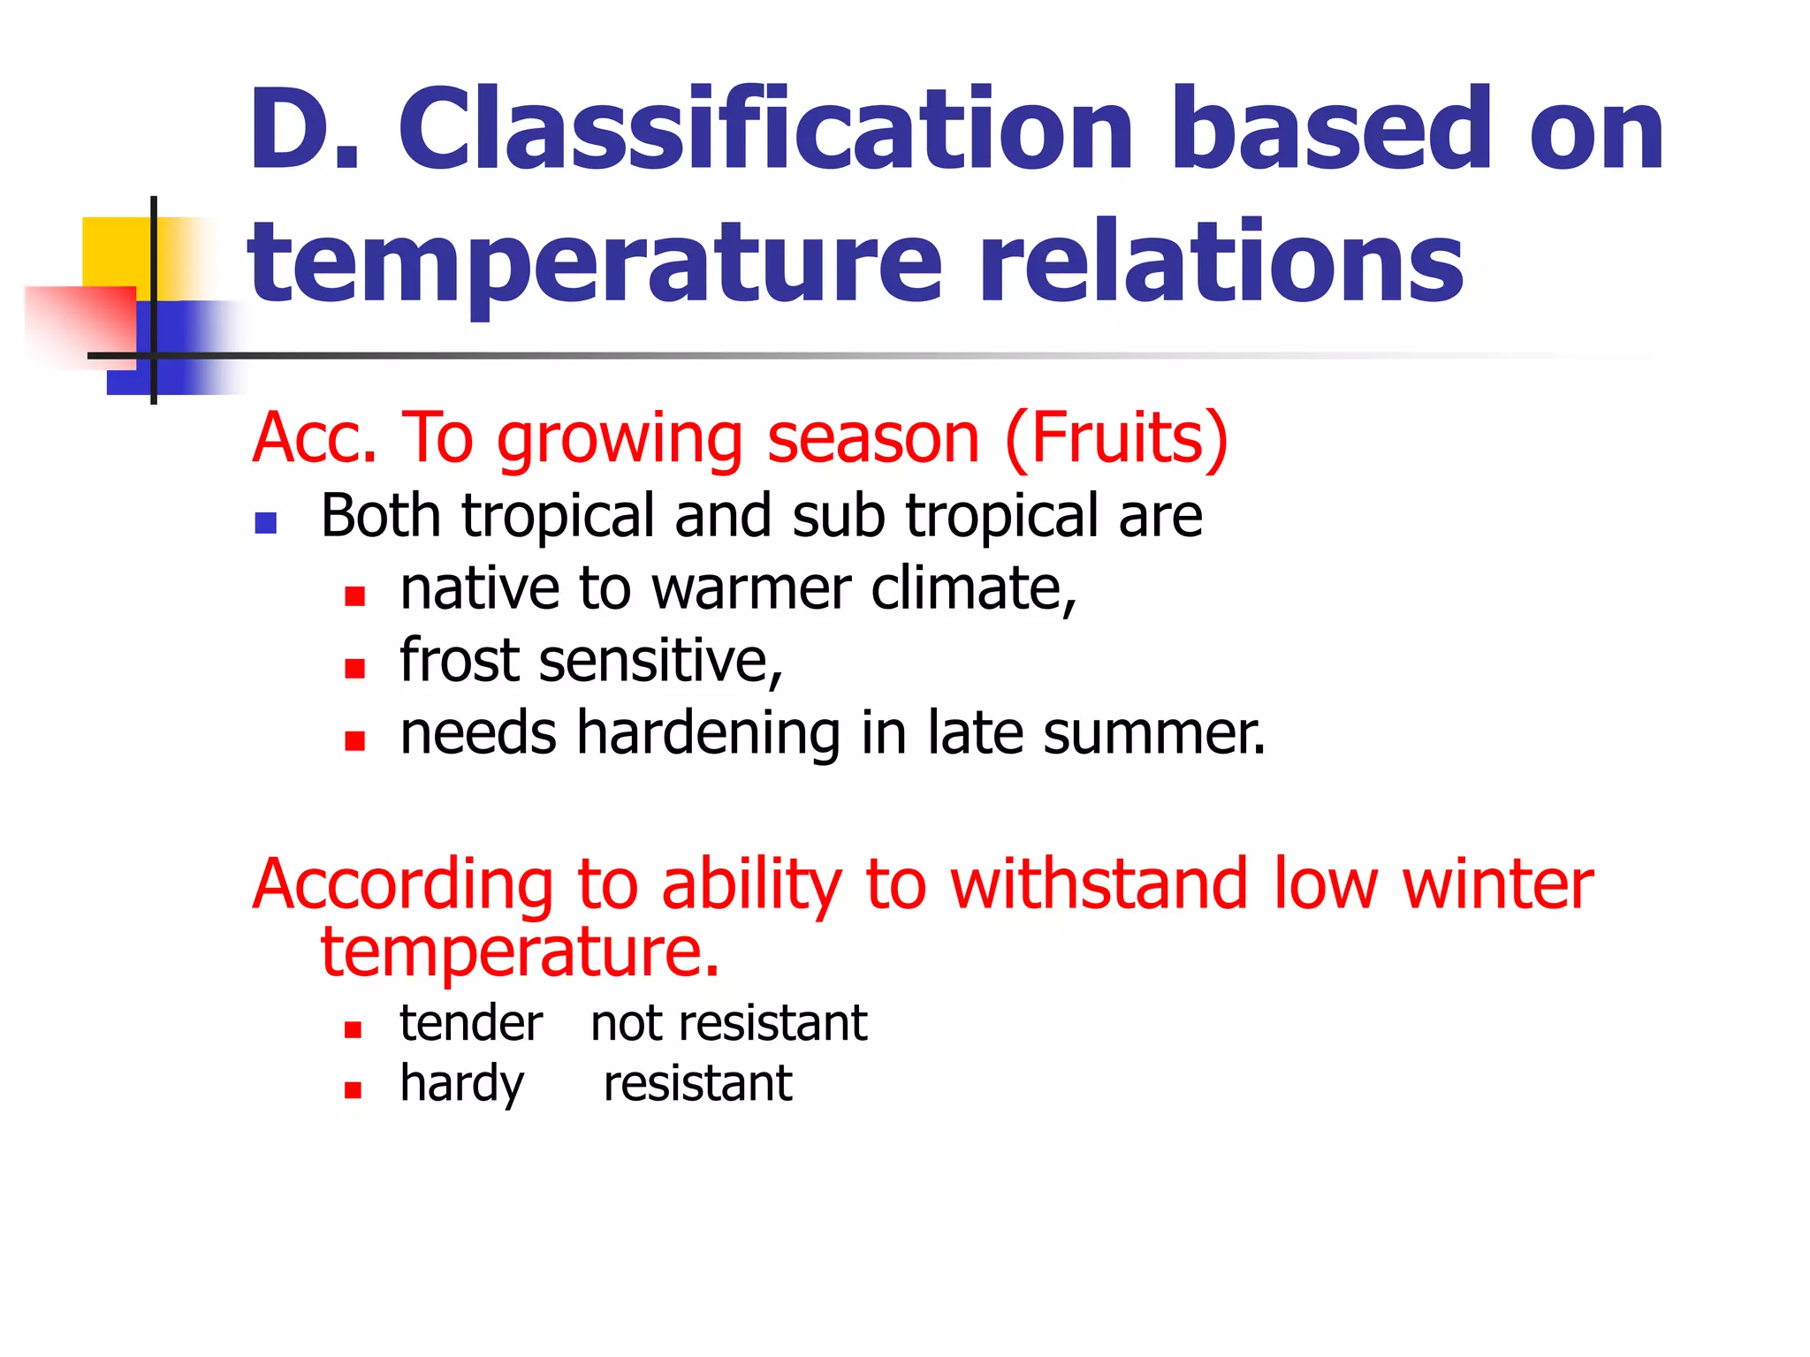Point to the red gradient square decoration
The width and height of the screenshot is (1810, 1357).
click(x=80, y=322)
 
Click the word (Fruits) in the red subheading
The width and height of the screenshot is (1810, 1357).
click(x=1117, y=438)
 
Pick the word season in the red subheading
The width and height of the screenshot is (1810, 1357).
click(x=873, y=438)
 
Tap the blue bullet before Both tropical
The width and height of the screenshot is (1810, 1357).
click(x=266, y=524)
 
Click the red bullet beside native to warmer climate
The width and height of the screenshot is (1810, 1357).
click(x=355, y=596)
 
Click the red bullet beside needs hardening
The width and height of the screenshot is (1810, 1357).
click(x=355, y=740)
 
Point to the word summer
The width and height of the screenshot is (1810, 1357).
click(x=1153, y=733)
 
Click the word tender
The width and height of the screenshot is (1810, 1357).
click(x=471, y=1024)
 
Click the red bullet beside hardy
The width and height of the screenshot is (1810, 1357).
click(x=354, y=1090)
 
